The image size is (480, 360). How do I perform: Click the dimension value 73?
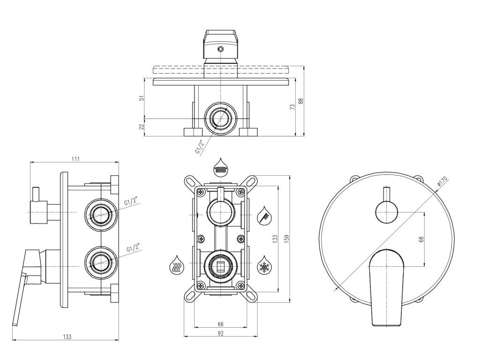(292, 107)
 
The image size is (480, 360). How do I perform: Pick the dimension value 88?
(301, 101)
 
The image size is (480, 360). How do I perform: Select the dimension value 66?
(220, 324)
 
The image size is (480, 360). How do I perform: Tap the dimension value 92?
(220, 333)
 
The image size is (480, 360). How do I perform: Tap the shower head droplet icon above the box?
(220, 166)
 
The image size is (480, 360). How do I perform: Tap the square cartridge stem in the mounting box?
(220, 268)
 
